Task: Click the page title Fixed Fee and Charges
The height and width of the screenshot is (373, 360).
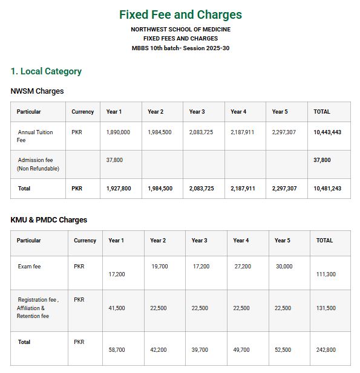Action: coord(180,15)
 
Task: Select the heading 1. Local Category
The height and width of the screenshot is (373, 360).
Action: coord(46,71)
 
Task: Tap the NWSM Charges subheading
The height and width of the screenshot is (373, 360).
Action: coord(37,91)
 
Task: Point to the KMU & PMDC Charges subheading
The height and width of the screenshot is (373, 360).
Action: coord(48,220)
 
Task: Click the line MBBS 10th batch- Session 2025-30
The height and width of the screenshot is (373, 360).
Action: coord(180,48)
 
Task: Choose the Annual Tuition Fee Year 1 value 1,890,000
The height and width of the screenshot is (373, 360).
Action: coord(118,132)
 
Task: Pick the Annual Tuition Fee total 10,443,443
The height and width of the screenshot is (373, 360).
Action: coord(327,132)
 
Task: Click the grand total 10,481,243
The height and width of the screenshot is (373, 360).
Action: coord(327,189)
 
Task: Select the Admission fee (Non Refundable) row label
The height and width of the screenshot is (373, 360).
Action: coord(38,164)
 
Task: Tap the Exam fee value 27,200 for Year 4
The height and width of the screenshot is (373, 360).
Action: coord(243,267)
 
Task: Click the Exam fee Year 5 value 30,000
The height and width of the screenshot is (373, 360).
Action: coord(284,267)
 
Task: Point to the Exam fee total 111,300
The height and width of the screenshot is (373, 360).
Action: coord(326,274)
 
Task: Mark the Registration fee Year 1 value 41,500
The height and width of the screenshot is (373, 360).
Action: coord(117,308)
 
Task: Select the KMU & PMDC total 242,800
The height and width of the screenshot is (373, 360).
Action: coord(326,350)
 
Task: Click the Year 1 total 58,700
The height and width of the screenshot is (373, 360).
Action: coord(117,350)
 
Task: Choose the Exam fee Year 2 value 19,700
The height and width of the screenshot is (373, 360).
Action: coord(160,267)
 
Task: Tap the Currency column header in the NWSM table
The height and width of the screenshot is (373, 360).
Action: coord(82,112)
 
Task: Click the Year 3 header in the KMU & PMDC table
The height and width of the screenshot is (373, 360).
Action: coord(200,241)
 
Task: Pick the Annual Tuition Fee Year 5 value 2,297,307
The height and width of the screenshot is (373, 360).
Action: coord(284,132)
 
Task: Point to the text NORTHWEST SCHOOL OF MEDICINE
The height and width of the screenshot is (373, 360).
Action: coord(180,30)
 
